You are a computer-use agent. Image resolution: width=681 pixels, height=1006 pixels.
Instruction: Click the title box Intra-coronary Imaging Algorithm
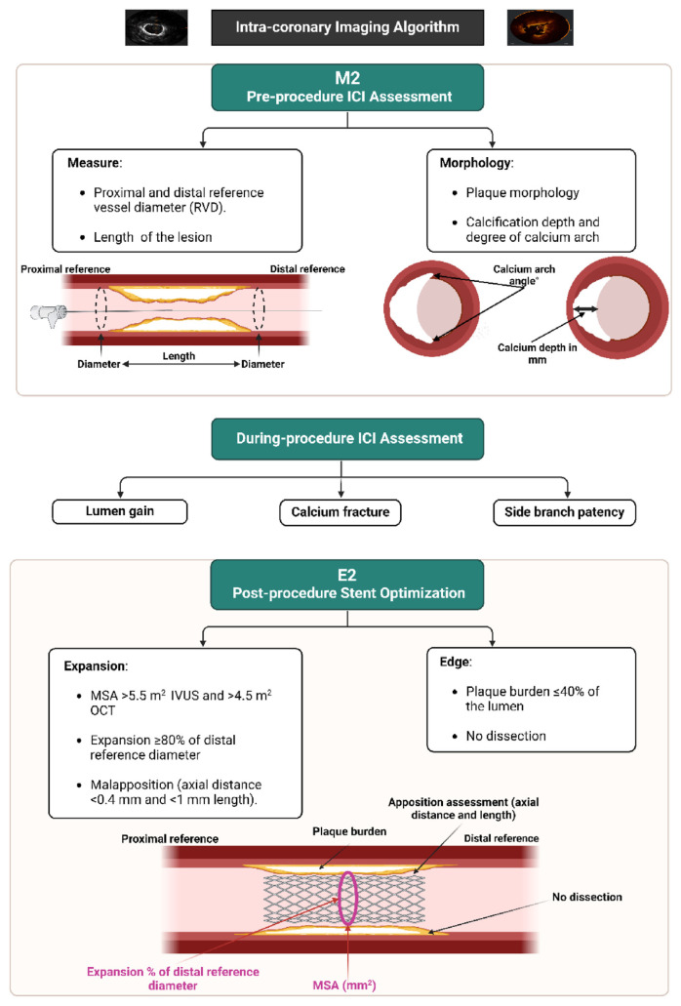click(347, 27)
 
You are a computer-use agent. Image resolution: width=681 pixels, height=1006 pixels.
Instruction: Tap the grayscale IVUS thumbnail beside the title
click(155, 28)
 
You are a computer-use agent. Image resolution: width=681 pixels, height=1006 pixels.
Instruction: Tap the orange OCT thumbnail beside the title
click(541, 28)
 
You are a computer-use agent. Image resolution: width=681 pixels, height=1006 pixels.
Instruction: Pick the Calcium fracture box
click(340, 510)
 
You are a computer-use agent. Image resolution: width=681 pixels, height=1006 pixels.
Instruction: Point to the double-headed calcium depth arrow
click(584, 308)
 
